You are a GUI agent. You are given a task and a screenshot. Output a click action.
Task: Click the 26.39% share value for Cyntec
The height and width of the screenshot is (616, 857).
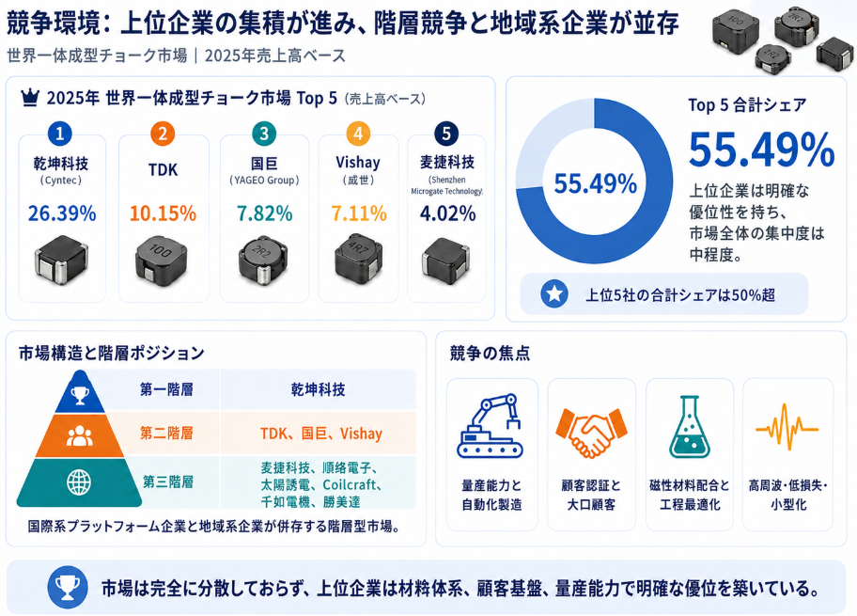tap(62, 213)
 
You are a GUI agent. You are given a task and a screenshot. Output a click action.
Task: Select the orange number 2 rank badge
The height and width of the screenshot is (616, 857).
tap(163, 134)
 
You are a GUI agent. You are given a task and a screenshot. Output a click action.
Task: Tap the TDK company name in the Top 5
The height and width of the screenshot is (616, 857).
tap(163, 169)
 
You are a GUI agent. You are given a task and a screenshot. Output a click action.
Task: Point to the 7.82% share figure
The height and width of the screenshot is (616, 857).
tap(265, 213)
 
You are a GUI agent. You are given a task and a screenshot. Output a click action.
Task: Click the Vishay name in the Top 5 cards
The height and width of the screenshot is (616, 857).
tap(358, 163)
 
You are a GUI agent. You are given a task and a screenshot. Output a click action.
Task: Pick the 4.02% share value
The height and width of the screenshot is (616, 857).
tap(447, 213)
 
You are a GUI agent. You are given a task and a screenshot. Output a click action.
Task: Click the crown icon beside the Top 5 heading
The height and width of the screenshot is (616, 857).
tap(30, 98)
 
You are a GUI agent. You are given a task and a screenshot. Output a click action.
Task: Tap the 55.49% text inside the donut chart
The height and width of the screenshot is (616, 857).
tap(595, 183)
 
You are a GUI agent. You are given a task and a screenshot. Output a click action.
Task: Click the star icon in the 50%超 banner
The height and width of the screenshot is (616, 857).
tap(554, 294)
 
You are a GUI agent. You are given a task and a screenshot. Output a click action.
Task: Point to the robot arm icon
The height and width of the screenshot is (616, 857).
tap(491, 425)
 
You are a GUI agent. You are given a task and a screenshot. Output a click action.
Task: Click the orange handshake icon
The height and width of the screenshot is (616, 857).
tap(591, 432)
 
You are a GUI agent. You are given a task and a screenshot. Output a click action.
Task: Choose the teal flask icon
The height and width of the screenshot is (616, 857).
tap(689, 427)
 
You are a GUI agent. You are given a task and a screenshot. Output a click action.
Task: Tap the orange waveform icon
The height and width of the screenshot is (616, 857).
tap(787, 428)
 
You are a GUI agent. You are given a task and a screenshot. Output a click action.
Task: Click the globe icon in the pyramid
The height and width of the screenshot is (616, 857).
tap(79, 482)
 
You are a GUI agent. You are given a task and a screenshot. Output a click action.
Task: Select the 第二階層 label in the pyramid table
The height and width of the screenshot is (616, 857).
tap(166, 434)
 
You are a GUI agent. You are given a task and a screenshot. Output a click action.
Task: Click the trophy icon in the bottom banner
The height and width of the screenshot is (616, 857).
tap(68, 588)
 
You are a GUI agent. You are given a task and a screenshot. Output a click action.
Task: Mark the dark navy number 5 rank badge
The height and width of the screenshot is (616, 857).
tap(446, 134)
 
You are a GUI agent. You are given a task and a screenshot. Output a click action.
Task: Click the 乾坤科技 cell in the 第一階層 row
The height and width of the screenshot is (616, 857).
tap(319, 389)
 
